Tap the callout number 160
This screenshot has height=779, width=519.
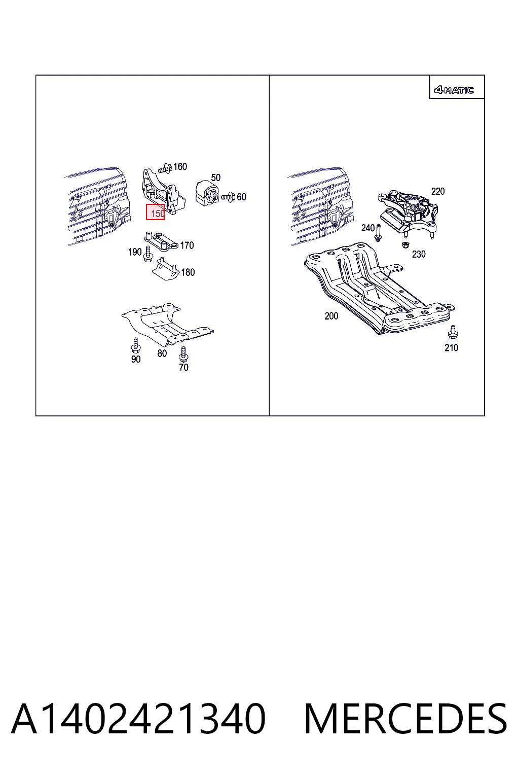tap(180, 166)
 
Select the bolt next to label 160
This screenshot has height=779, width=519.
tap(165, 169)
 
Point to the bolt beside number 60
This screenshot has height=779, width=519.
tap(228, 197)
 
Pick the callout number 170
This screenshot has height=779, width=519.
tap(187, 245)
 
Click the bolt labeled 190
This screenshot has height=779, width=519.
tap(147, 254)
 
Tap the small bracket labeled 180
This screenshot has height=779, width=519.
tap(166, 269)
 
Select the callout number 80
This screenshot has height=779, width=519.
tap(162, 353)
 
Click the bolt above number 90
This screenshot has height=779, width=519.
tap(135, 345)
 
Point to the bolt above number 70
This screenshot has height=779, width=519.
tap(183, 354)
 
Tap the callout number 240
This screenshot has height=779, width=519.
tap(367, 228)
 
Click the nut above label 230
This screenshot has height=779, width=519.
tap(404, 244)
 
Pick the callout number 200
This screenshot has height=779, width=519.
tap(331, 316)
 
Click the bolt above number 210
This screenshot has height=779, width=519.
tap(453, 332)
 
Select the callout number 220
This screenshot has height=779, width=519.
tap(438, 191)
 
